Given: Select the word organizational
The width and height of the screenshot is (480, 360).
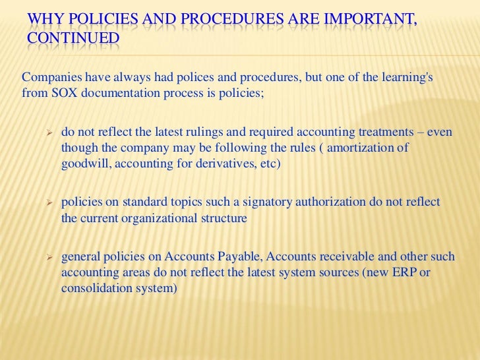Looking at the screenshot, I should point(161,218).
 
